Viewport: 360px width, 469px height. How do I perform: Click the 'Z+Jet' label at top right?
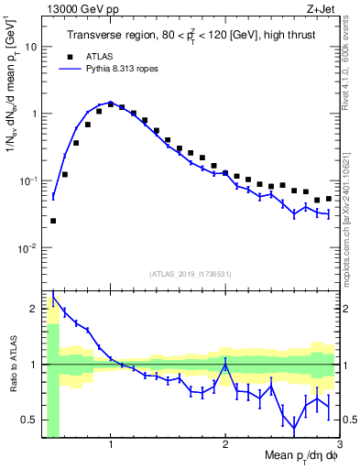click(x=322, y=9)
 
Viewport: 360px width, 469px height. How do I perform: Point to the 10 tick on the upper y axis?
click(x=32, y=46)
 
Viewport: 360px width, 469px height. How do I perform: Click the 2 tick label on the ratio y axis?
click(x=35, y=309)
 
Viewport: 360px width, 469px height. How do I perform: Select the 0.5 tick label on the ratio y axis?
click(x=30, y=420)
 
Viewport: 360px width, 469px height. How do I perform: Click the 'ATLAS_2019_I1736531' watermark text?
click(x=191, y=274)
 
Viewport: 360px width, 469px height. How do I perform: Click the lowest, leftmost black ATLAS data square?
click(x=53, y=221)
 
